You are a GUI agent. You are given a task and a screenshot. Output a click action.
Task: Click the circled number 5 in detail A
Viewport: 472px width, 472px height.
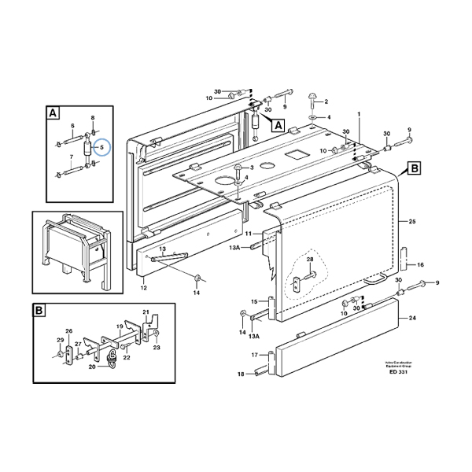point(100,146)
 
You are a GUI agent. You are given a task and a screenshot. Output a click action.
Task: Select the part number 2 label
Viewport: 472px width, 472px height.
point(326,101)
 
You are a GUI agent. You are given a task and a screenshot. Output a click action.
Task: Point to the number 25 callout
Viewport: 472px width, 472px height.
point(411,223)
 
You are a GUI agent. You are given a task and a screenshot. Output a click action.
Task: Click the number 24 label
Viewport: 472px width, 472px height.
point(414,319)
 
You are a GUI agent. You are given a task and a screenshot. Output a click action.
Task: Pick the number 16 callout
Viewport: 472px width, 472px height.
point(420,265)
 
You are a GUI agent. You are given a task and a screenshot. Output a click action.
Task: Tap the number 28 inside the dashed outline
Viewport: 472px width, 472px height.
point(310,260)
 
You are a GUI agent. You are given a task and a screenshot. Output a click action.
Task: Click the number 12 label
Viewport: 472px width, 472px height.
point(144,289)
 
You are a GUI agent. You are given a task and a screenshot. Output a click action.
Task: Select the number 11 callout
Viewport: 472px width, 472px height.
point(247,234)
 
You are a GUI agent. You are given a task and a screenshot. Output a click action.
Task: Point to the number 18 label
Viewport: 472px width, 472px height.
point(242,374)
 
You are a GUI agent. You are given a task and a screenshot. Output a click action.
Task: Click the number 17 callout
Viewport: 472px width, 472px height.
point(254,355)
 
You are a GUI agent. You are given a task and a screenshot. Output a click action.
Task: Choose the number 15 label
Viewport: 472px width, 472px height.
point(254,301)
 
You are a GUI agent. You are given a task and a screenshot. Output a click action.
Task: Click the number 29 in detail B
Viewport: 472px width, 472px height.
point(59,340)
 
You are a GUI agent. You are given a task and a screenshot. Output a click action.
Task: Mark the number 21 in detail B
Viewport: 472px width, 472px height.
point(146,313)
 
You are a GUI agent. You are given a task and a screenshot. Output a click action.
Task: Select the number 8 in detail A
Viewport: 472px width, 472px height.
point(93,117)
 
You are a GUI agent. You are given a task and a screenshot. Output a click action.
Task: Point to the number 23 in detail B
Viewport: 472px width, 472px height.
point(157,347)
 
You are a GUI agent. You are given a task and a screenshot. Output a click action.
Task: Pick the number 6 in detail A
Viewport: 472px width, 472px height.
point(72,126)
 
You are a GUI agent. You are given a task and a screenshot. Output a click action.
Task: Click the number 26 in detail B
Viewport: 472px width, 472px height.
point(68,330)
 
